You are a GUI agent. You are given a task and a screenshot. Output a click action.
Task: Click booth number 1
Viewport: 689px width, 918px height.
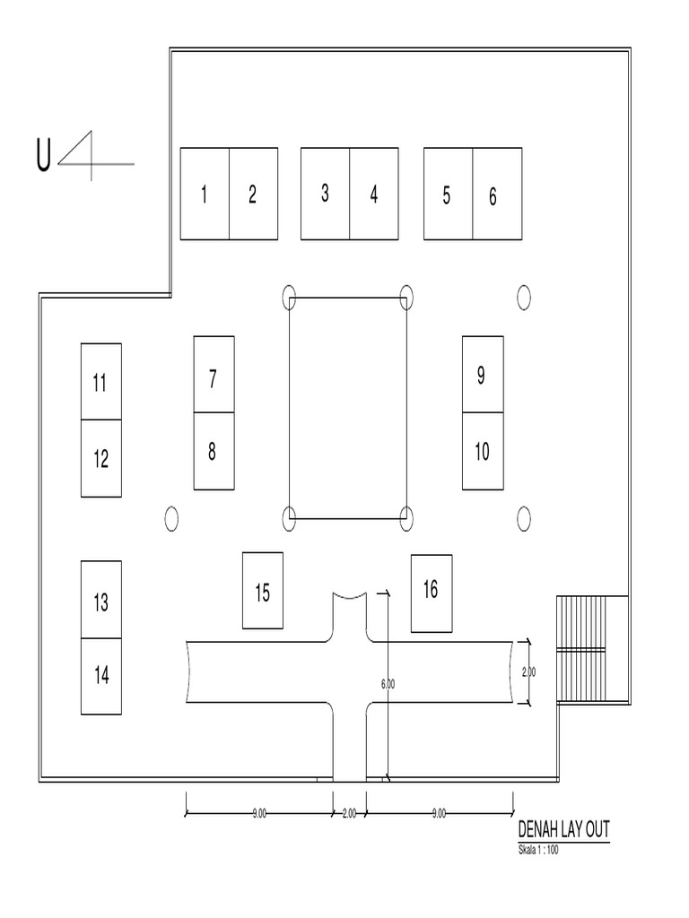[205, 194]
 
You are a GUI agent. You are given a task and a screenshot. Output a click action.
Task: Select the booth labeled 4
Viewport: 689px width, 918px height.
[373, 194]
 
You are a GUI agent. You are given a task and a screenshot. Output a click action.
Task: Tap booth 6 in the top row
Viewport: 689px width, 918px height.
[497, 194]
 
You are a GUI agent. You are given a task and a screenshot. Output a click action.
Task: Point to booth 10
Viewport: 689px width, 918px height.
[483, 451]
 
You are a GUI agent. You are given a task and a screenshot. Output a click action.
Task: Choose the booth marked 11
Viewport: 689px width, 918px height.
[101, 381]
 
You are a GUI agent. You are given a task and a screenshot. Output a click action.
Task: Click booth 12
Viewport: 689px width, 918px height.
[101, 458]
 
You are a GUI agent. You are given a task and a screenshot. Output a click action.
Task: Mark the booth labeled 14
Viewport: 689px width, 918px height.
[101, 676]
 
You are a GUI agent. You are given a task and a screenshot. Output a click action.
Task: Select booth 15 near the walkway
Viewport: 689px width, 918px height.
[263, 590]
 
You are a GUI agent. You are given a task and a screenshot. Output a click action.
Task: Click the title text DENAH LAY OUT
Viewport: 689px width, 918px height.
[563, 829]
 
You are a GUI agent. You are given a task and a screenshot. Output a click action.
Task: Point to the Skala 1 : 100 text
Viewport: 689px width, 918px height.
[538, 850]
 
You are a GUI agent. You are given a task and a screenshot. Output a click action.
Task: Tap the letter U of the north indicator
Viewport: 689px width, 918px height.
[42, 155]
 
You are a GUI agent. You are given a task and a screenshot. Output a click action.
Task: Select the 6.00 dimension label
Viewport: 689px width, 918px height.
[388, 683]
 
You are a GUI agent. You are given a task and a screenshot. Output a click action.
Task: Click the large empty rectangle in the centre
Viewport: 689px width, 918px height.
[347, 407]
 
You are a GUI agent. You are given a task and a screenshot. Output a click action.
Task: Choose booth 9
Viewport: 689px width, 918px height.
[483, 375]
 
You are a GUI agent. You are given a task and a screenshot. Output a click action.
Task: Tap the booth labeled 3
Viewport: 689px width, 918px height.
[325, 194]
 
